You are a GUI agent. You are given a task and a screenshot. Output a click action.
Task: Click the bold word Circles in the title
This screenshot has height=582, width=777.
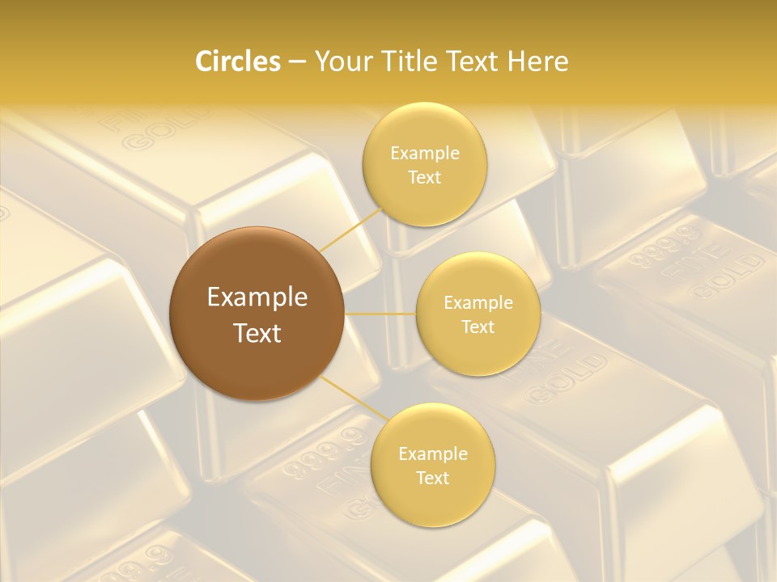237,61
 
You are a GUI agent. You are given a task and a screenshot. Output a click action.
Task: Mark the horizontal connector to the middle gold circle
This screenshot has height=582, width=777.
380,314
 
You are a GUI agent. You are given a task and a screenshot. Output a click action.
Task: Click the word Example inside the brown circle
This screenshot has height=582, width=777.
257,297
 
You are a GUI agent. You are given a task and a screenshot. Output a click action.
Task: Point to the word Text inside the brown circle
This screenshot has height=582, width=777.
257,333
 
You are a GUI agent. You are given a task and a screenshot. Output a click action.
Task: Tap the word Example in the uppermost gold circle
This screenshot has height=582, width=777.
424,153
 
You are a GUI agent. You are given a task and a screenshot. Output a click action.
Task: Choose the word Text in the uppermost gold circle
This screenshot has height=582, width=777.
424,177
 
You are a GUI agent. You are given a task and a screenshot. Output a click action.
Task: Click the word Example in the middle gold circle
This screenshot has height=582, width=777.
478,302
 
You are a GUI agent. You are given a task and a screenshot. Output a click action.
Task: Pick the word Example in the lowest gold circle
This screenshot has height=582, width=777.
432,453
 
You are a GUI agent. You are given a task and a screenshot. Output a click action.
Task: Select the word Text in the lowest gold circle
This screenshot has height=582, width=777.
432,478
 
